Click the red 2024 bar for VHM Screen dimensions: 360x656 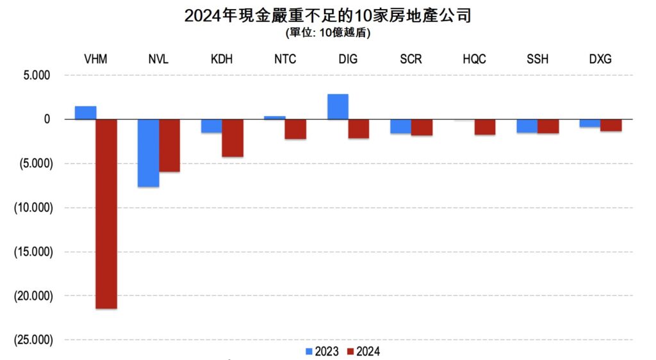pos(106,214)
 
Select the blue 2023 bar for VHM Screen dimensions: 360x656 pos(85,113)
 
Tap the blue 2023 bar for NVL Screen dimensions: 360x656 pos(149,153)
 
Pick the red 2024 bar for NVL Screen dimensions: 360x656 pos(170,145)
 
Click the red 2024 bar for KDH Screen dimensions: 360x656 pos(233,138)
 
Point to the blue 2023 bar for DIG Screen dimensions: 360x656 pos(338,107)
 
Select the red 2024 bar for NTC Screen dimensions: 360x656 pos(295,129)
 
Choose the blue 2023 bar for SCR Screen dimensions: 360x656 pos(401,126)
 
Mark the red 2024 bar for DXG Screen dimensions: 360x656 pos(611,126)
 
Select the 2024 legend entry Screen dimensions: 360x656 pos(363,351)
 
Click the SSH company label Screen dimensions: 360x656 pos(537,60)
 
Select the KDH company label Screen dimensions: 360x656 pos(222,60)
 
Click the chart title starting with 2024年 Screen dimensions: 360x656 pos(327,15)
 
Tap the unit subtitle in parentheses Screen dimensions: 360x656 pos(327,33)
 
